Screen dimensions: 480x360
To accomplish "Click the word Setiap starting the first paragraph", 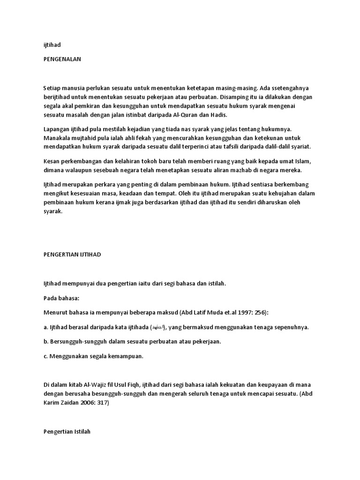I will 52,88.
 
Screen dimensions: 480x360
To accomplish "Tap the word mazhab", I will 240,170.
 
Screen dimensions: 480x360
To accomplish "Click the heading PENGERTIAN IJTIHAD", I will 72,254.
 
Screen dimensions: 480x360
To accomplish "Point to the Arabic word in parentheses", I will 157,327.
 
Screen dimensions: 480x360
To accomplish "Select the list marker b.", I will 45,341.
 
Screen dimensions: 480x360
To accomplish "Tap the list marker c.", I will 45,356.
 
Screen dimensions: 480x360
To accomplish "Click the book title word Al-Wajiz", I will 107,385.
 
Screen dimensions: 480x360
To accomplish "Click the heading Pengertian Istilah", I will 66,432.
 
